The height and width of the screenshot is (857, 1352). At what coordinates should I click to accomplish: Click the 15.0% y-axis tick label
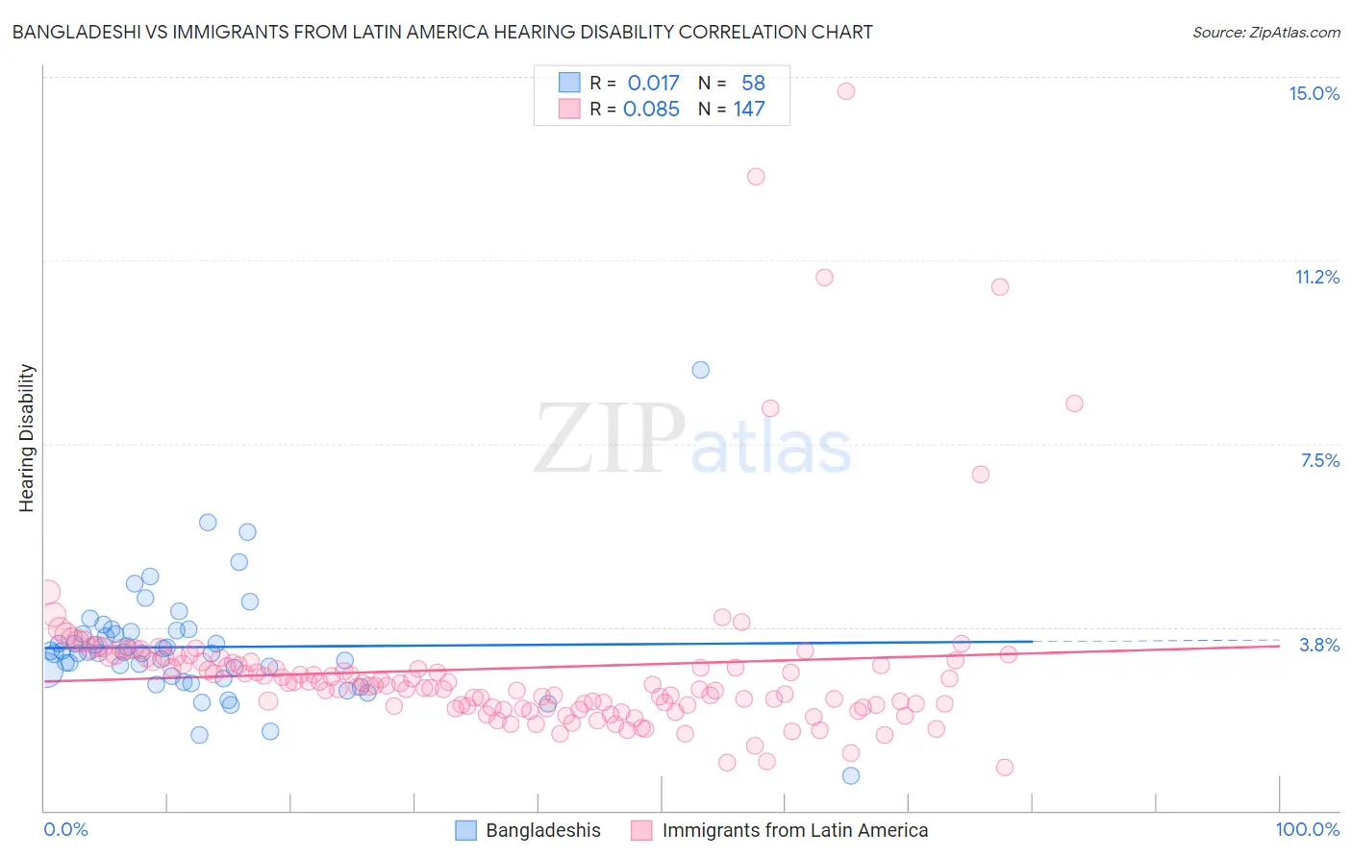point(1314,93)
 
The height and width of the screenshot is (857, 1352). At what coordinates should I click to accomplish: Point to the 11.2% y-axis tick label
point(1316,277)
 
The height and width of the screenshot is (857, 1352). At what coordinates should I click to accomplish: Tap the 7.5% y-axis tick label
point(1319,460)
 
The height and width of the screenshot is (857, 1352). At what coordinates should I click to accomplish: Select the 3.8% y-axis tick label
point(1319,645)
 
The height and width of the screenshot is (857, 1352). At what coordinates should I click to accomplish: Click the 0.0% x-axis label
point(65,829)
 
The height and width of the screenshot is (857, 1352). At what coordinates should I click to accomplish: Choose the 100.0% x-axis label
point(1307,829)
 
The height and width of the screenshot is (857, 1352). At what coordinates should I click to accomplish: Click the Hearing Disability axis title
point(27,438)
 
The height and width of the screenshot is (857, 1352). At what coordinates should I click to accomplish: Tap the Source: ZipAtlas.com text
point(1265,33)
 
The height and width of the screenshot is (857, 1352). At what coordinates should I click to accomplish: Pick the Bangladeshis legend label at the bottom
point(543,830)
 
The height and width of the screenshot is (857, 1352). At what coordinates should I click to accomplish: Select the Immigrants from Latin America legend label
point(795,830)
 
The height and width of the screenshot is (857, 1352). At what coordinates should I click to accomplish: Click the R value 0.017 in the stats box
point(653,84)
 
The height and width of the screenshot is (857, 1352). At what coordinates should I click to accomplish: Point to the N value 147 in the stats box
point(749,110)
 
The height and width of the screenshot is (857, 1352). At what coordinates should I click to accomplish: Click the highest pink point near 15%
point(846,91)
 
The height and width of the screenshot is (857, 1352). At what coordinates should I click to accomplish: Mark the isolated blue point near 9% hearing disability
point(701,370)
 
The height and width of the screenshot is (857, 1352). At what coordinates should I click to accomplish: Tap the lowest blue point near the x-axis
point(851,775)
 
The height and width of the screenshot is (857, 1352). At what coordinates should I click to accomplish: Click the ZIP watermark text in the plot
point(609,438)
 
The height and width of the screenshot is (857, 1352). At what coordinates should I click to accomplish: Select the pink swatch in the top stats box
point(569,110)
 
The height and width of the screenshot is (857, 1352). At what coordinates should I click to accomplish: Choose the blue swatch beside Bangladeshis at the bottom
point(465,830)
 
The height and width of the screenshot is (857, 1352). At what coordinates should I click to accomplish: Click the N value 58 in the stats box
point(753,84)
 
